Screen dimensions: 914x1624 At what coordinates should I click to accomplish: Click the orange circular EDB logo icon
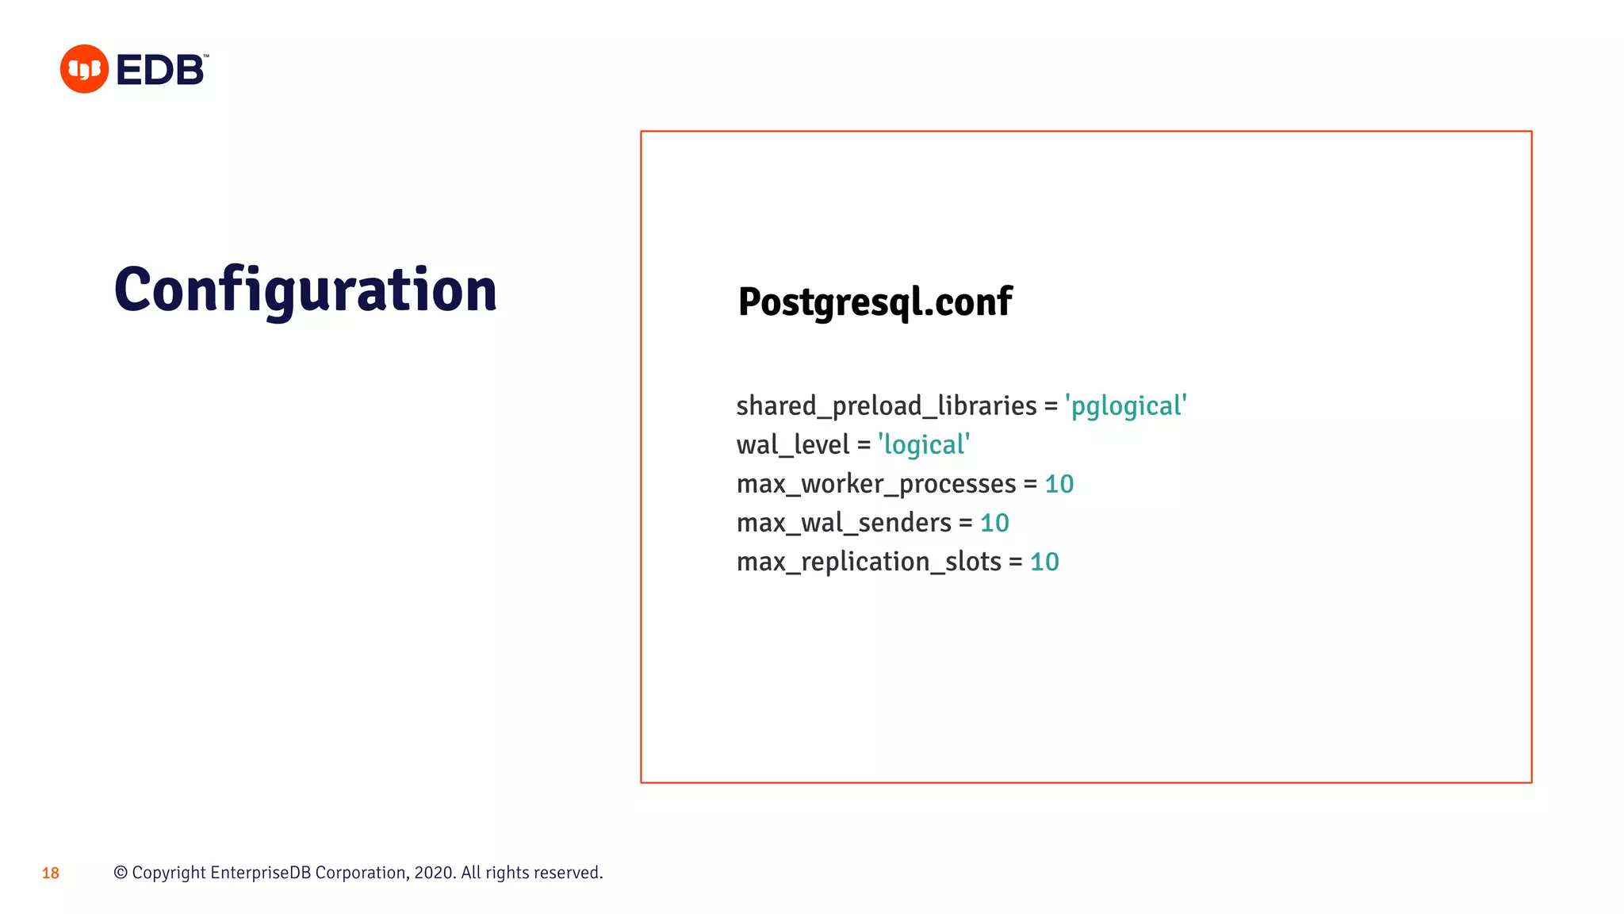[84, 69]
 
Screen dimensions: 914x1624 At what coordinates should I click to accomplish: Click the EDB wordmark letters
[161, 70]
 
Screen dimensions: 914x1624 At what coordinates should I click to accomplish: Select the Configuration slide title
[305, 290]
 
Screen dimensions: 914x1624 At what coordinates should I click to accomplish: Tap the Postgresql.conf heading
[875, 302]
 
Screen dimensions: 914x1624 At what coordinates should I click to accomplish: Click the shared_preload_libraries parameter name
[886, 406]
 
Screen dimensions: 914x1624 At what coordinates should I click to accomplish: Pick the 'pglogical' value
[1126, 406]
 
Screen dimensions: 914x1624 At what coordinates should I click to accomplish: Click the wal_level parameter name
[793, 445]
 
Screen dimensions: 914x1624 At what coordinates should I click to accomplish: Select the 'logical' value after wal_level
[924, 445]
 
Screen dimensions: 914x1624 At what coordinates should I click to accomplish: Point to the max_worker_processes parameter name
[876, 484]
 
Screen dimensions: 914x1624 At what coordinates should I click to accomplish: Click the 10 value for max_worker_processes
[1059, 484]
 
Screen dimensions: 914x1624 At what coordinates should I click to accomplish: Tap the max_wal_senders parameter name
[844, 523]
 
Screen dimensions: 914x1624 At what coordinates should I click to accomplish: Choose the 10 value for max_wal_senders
[994, 523]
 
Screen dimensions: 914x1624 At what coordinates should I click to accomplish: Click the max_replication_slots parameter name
[868, 562]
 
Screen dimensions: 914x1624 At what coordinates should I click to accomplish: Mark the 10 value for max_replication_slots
[1044, 562]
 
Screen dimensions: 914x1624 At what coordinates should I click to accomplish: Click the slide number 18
[51, 874]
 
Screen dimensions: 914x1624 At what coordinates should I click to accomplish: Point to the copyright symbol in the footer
[121, 873]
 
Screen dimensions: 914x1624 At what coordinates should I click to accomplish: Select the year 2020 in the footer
[433, 873]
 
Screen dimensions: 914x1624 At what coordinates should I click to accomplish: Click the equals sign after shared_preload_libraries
[1051, 407]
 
